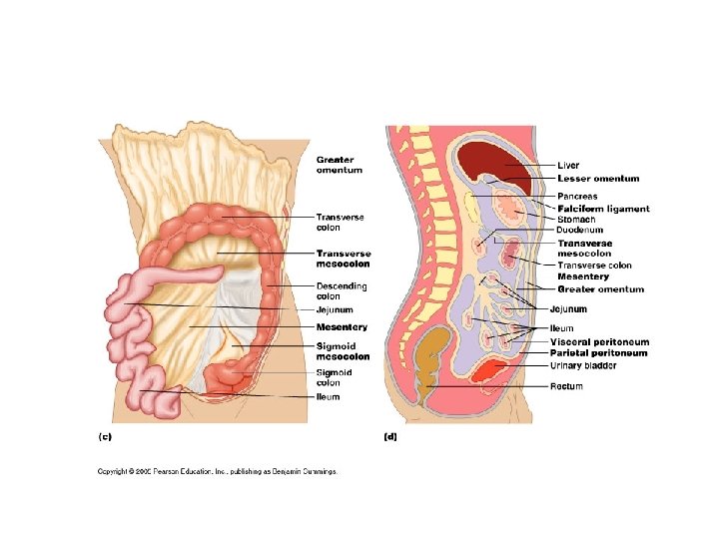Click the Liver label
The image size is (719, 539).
[567, 166]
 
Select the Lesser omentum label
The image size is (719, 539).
[598, 179]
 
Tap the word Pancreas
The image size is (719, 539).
[577, 197]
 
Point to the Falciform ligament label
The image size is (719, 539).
[603, 209]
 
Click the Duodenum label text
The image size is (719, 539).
[579, 231]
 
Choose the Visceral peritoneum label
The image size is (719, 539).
[599, 342]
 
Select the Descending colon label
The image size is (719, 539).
[342, 291]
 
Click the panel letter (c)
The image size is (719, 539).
[104, 436]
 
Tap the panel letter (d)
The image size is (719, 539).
[390, 436]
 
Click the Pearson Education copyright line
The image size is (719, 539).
[217, 471]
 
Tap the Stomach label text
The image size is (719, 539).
[576, 220]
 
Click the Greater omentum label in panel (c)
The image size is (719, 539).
[340, 165]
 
